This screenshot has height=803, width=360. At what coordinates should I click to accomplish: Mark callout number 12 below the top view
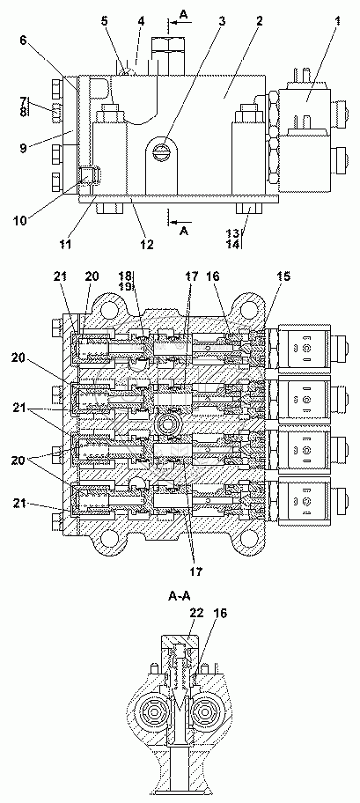[146, 244]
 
